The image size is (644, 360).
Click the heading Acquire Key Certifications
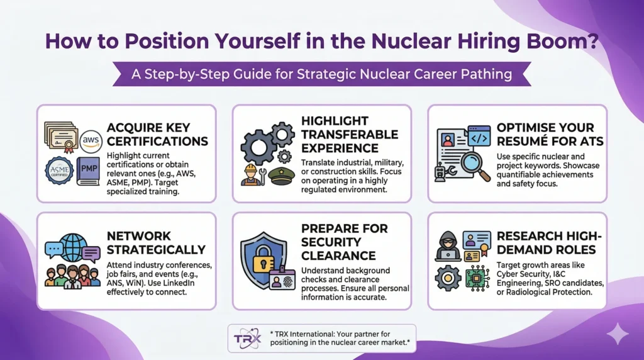[x=157, y=134]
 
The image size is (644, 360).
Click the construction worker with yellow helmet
[x=253, y=174]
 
